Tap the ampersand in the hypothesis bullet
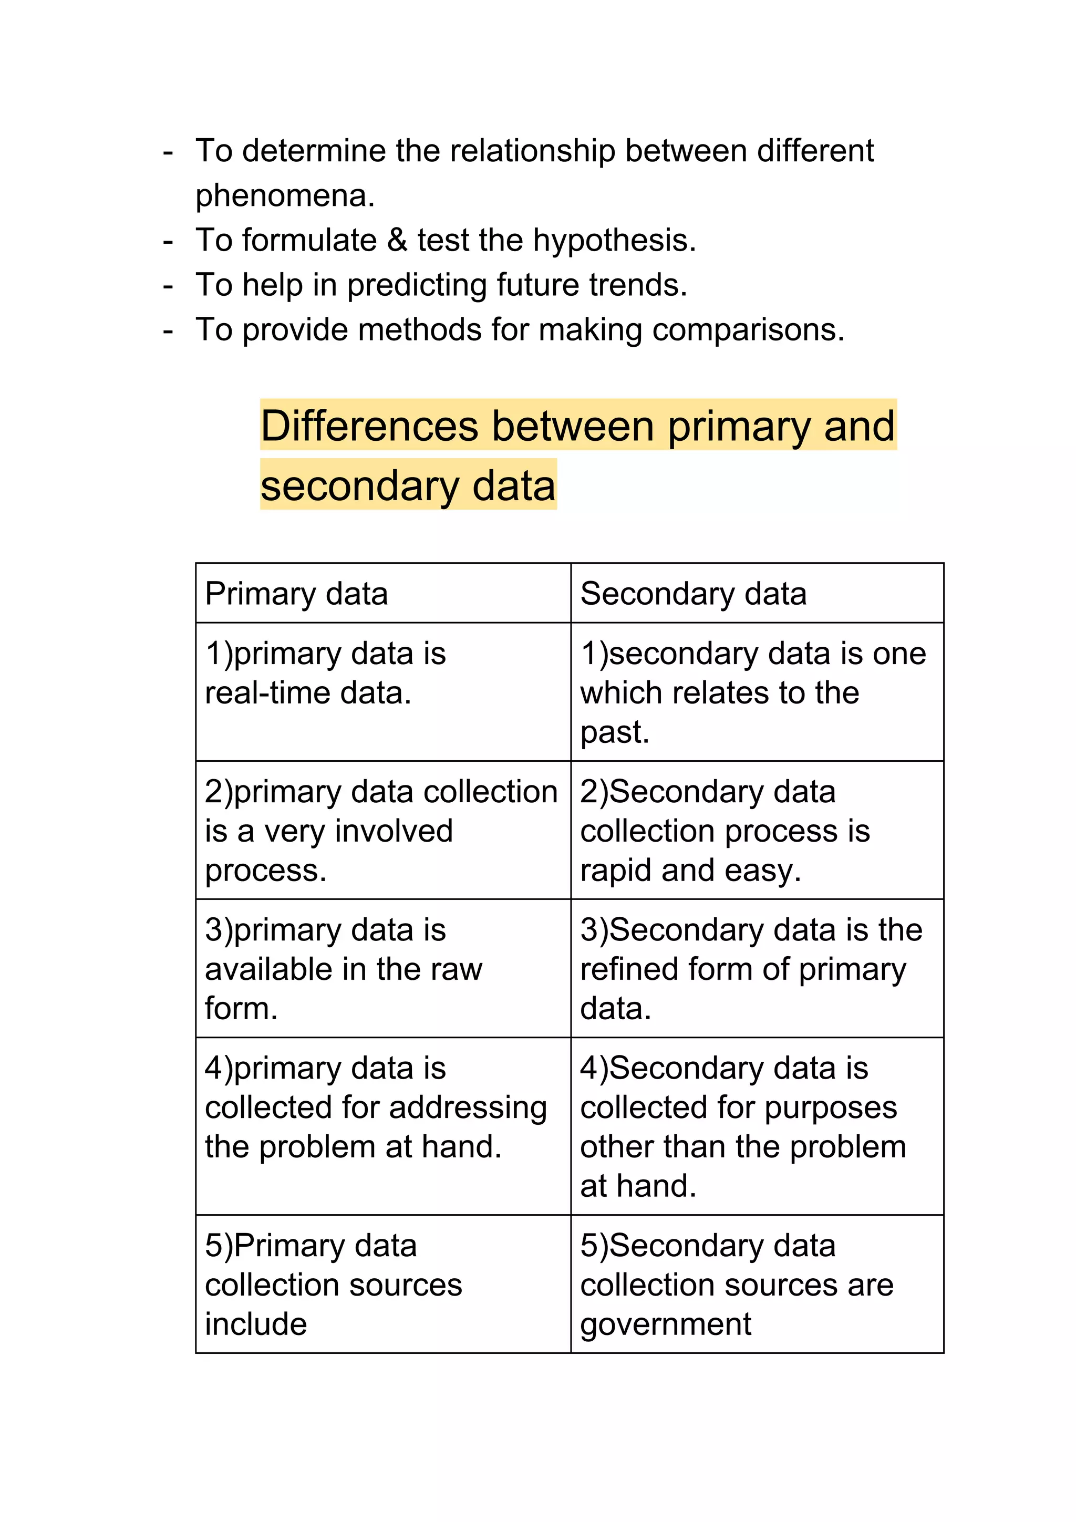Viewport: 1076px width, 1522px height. (x=397, y=240)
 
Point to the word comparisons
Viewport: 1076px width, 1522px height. (x=747, y=330)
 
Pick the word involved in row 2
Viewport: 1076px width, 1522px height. (x=394, y=831)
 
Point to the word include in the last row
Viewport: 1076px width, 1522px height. (x=256, y=1324)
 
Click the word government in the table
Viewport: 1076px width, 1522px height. (x=666, y=1325)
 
